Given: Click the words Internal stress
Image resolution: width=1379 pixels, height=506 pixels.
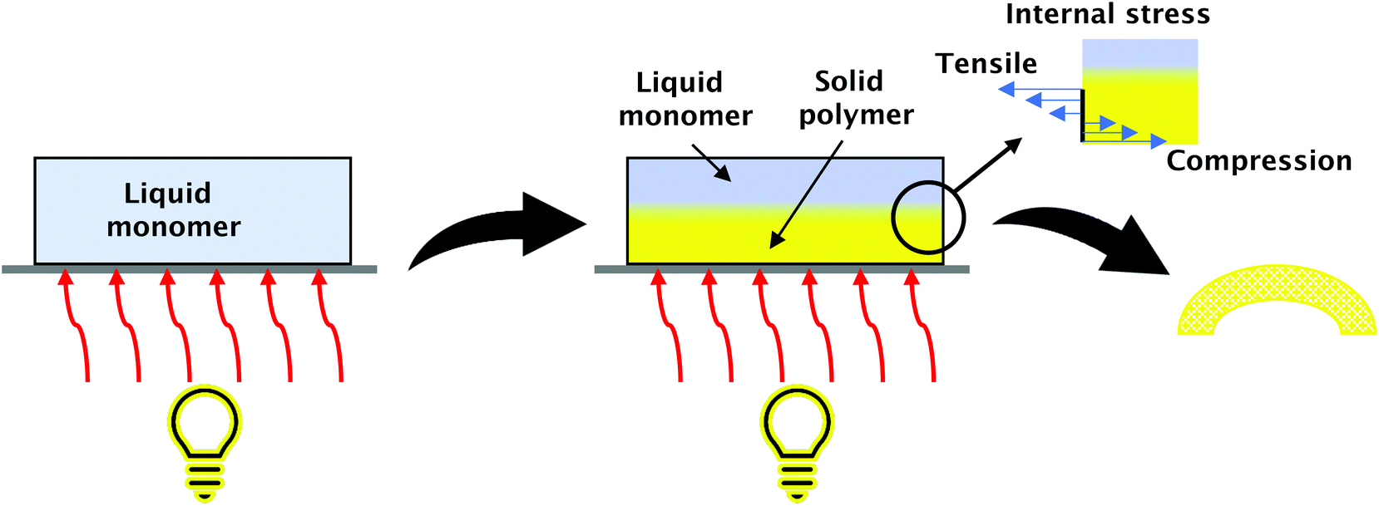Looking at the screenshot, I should click(x=1107, y=14).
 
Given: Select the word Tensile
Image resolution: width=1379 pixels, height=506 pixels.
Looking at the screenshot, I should click(x=986, y=64).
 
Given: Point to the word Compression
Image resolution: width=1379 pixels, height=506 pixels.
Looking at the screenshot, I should click(x=1258, y=161).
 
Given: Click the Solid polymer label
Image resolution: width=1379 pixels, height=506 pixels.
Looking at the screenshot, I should click(x=855, y=98).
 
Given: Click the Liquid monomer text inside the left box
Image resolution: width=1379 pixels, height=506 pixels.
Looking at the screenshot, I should click(x=173, y=209).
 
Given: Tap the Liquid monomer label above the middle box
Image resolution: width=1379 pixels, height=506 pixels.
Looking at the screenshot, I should click(x=685, y=99).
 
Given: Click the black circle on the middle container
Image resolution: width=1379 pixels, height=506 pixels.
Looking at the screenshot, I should click(x=928, y=217).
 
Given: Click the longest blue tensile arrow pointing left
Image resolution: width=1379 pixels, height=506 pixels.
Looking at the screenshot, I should click(x=1040, y=89).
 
